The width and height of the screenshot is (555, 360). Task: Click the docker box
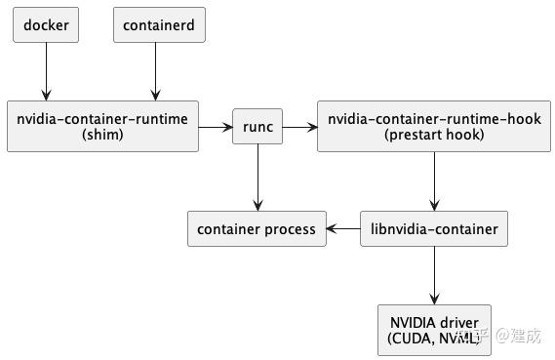46,25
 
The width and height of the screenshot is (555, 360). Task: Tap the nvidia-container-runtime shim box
103,127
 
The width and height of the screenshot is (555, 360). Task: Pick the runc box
258,127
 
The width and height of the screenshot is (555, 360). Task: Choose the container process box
257,229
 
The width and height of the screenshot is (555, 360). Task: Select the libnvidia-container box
434,229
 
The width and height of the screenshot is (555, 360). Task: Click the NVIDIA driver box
434,330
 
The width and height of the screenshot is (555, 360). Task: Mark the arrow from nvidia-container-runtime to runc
216,127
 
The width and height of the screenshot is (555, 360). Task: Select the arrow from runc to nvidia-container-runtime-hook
300,127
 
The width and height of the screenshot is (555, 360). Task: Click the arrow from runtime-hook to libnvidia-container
434,181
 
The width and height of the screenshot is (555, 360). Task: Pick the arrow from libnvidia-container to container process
342,229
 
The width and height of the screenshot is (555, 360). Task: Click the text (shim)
103,136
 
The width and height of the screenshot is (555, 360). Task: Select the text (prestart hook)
434,136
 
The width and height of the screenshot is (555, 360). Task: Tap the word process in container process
289,229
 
